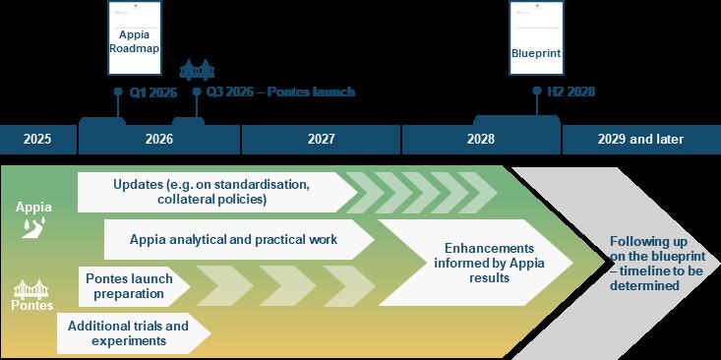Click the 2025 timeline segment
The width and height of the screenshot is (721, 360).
(37, 140)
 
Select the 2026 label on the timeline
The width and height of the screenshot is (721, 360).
(158, 140)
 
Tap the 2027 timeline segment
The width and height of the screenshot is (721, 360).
(321, 140)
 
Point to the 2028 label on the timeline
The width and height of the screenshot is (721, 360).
(481, 140)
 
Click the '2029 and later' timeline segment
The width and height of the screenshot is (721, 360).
(640, 140)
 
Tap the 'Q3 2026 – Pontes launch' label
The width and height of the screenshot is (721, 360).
(280, 92)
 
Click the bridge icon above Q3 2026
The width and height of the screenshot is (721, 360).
(197, 71)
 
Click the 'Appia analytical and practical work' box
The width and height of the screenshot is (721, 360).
(234, 239)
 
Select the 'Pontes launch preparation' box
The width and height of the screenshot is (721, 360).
(129, 286)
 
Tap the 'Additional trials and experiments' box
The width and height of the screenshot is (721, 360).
(124, 333)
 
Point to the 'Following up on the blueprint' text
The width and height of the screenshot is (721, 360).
(650, 264)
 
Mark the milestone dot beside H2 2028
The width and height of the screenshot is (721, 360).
(536, 91)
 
